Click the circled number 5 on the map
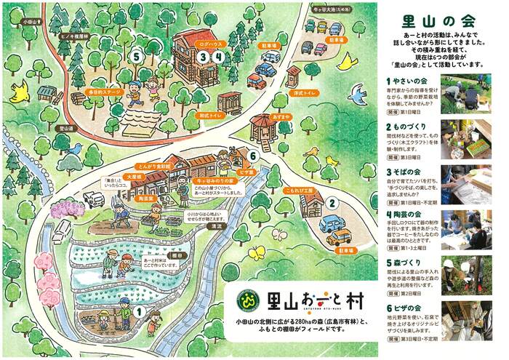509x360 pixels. pyautogui.click(x=136, y=55)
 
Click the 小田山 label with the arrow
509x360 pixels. pyautogui.click(x=33, y=23)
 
